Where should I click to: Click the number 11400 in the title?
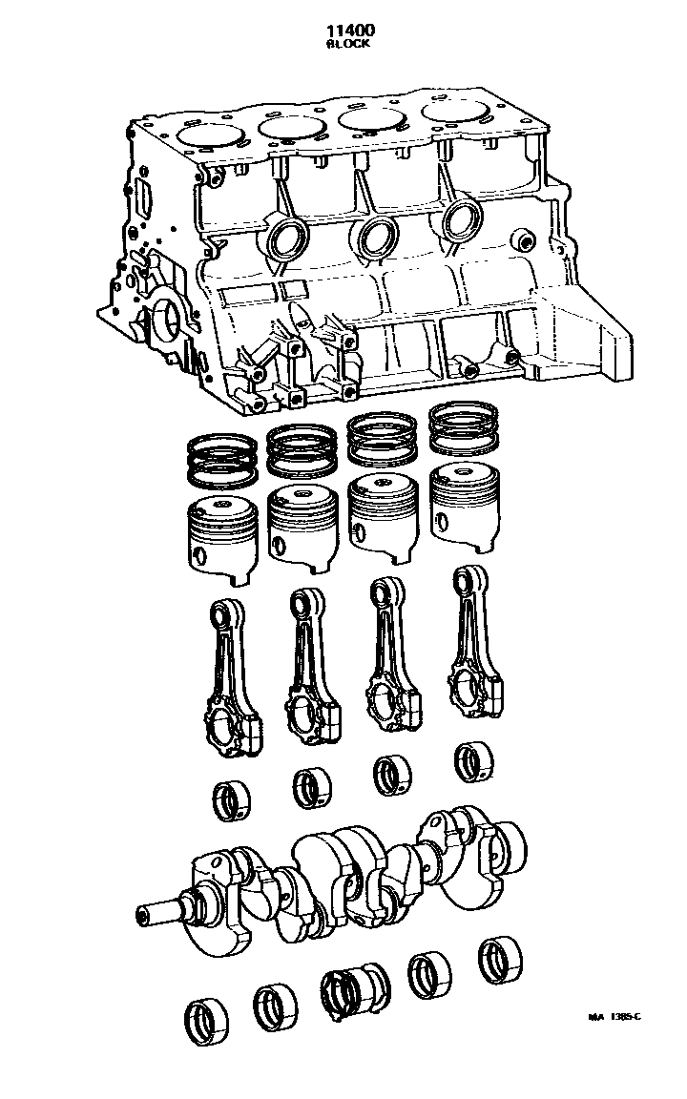click(x=350, y=31)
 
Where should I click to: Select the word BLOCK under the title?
click(x=348, y=44)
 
